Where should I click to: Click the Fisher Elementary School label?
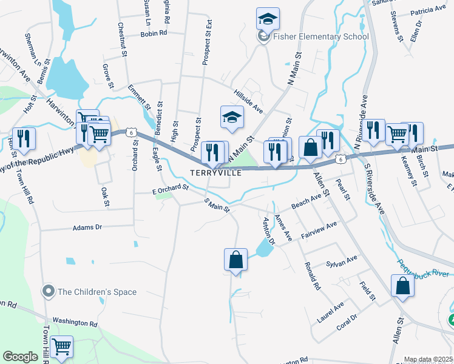[x=321, y=37]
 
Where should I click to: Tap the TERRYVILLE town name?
[x=216, y=173]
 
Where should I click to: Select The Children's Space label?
[x=97, y=292]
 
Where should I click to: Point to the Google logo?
[x=20, y=357]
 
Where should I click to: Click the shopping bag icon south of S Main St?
[x=235, y=260]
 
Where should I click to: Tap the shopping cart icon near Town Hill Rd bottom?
[x=61, y=347]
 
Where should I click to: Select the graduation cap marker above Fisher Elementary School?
[x=268, y=19]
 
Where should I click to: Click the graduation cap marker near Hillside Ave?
[x=231, y=118]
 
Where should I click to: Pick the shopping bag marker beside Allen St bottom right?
[x=402, y=286]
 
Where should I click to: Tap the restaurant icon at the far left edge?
[x=24, y=139]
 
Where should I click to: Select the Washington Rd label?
[x=75, y=322]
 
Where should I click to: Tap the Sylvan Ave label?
[x=341, y=261]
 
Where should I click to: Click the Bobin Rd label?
[x=153, y=33]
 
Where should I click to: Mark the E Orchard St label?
[x=171, y=189]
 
